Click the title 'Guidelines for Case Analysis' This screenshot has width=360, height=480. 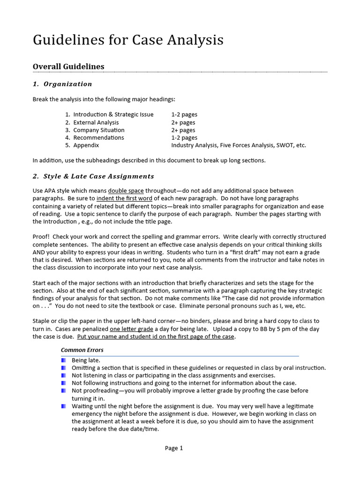click(128, 41)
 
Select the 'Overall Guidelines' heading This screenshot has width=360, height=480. click(68, 67)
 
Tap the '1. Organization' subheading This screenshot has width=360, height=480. click(62, 84)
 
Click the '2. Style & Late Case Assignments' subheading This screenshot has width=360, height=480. click(93, 176)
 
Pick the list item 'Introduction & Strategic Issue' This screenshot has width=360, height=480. click(113, 114)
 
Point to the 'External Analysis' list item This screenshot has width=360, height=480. click(96, 122)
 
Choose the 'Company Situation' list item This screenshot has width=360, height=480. click(98, 130)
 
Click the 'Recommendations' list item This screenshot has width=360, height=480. click(98, 138)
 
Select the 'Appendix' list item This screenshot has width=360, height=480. click(86, 145)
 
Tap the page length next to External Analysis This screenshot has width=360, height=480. click(183, 122)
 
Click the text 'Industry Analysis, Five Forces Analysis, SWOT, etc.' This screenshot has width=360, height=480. click(239, 145)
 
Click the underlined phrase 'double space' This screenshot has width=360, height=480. click(126, 191)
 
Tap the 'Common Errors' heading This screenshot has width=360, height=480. click(82, 350)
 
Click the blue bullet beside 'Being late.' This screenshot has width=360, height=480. click(64, 360)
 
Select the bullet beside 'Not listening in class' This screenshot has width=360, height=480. click(64, 375)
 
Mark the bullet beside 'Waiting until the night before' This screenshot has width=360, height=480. click(64, 406)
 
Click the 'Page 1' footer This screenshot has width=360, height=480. click(174, 448)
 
